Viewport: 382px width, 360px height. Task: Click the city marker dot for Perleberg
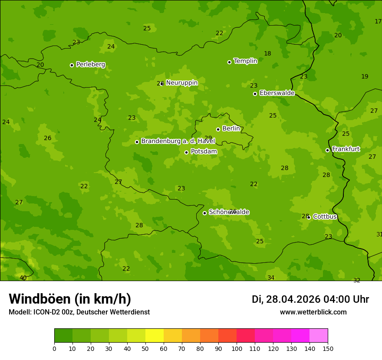tap(72, 65)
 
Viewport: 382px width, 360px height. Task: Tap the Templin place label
tap(245, 61)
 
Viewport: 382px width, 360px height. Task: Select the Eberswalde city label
tap(277, 93)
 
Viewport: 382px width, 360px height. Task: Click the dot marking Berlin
tap(218, 129)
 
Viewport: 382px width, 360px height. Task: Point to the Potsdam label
tap(204, 152)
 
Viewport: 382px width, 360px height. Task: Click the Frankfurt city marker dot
tap(327, 150)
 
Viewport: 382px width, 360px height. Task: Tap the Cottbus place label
tap(325, 217)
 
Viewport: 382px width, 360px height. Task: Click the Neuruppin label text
tap(181, 83)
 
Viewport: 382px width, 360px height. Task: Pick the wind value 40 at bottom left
tap(23, 278)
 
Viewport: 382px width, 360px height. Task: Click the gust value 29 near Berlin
tap(208, 138)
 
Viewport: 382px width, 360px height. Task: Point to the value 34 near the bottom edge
tap(271, 278)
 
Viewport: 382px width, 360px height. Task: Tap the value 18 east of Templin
tap(267, 54)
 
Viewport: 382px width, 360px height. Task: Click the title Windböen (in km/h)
tap(70, 299)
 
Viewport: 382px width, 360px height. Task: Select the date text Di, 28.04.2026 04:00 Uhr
tap(310, 299)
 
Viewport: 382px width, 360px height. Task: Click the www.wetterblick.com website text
tap(313, 312)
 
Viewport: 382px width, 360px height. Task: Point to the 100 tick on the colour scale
tap(237, 348)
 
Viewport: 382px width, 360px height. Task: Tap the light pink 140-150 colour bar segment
tap(319, 336)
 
